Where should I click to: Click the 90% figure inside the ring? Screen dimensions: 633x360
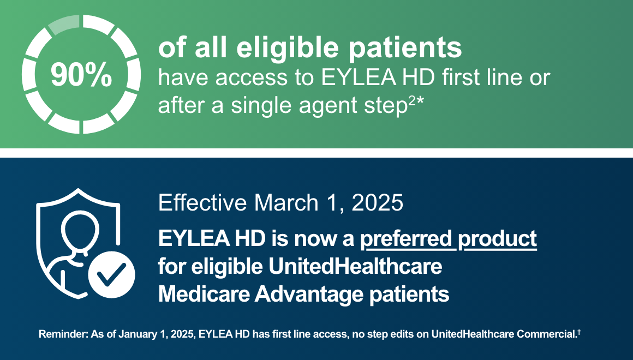point(81,75)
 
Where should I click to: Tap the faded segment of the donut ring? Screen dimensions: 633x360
point(64,24)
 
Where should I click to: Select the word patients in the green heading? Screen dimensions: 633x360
point(405,49)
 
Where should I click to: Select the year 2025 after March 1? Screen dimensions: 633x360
point(378,202)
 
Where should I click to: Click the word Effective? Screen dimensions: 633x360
point(202,202)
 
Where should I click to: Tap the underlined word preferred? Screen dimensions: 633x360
point(406,239)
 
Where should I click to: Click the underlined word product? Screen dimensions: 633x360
point(497,239)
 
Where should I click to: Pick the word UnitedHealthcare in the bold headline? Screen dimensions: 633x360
point(355,266)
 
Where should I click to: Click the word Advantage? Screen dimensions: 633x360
point(309,294)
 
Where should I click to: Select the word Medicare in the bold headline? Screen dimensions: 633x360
point(204,294)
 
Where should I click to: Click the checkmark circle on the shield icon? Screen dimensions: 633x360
point(111,274)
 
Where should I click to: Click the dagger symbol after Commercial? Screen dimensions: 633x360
point(579,332)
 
